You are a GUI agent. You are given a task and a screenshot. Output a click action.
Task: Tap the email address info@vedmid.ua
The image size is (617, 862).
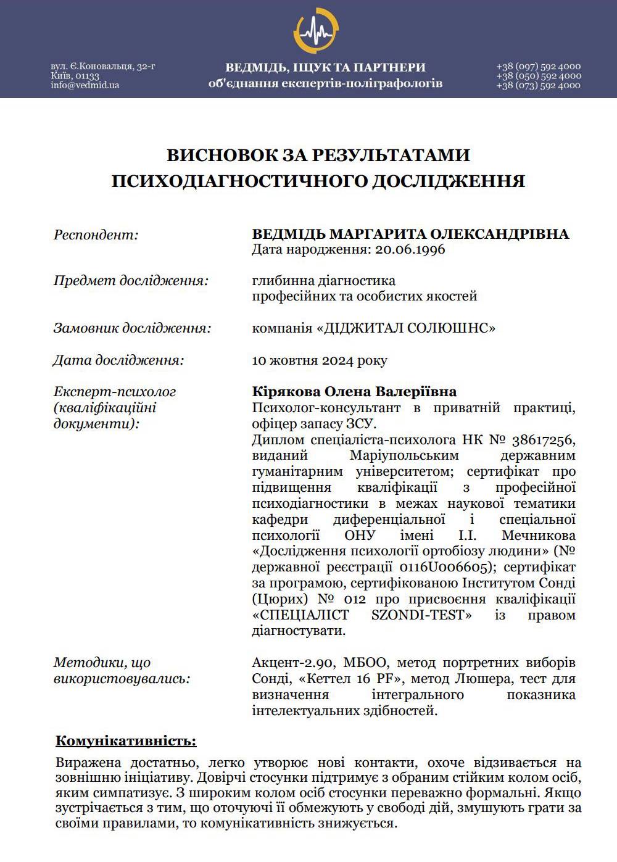(x=85, y=85)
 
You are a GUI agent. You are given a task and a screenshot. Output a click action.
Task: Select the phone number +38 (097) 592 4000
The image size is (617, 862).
(x=538, y=66)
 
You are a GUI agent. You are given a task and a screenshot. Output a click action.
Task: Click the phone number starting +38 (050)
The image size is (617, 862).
(x=538, y=76)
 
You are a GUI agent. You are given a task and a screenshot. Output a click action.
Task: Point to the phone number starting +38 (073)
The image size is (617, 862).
(x=538, y=85)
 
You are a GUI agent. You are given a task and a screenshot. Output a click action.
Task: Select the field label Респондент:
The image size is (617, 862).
(x=96, y=234)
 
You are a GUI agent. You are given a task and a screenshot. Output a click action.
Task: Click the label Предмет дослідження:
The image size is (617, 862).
(x=131, y=281)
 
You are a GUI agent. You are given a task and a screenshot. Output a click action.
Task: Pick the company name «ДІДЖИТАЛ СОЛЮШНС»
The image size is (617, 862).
(x=405, y=328)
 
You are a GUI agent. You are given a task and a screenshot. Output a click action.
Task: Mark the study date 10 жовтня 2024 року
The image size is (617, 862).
(x=320, y=360)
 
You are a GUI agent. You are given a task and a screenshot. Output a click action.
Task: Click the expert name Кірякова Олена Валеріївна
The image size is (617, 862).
(x=354, y=392)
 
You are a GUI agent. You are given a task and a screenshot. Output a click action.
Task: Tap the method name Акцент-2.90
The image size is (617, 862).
(x=293, y=663)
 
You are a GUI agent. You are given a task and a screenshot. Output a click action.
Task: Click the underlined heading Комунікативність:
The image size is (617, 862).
(x=126, y=740)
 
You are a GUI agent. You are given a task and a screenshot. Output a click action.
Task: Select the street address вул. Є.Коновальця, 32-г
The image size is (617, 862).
(x=102, y=66)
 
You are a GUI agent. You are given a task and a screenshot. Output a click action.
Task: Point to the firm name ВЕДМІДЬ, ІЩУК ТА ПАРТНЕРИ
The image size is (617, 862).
(x=325, y=67)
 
